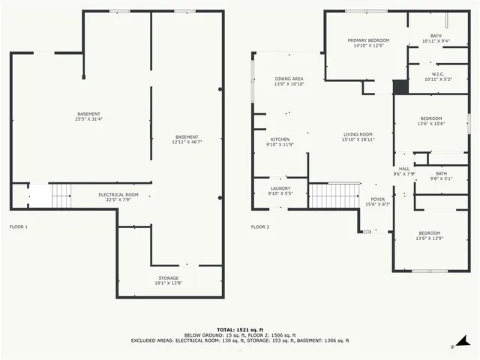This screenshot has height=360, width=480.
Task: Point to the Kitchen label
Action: [280, 139]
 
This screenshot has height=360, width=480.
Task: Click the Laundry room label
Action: [280, 188]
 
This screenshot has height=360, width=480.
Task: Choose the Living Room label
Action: [357, 134]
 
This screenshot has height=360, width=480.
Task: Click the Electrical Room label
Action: [118, 194]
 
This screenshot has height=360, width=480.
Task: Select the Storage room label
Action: [168, 277]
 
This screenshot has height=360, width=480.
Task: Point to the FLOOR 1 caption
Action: [18, 226]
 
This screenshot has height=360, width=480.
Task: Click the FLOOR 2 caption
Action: [259, 226]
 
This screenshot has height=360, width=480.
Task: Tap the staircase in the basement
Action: [61, 196]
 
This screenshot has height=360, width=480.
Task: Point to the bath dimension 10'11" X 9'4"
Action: [436, 41]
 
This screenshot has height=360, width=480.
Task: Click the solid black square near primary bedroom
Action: [400, 86]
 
